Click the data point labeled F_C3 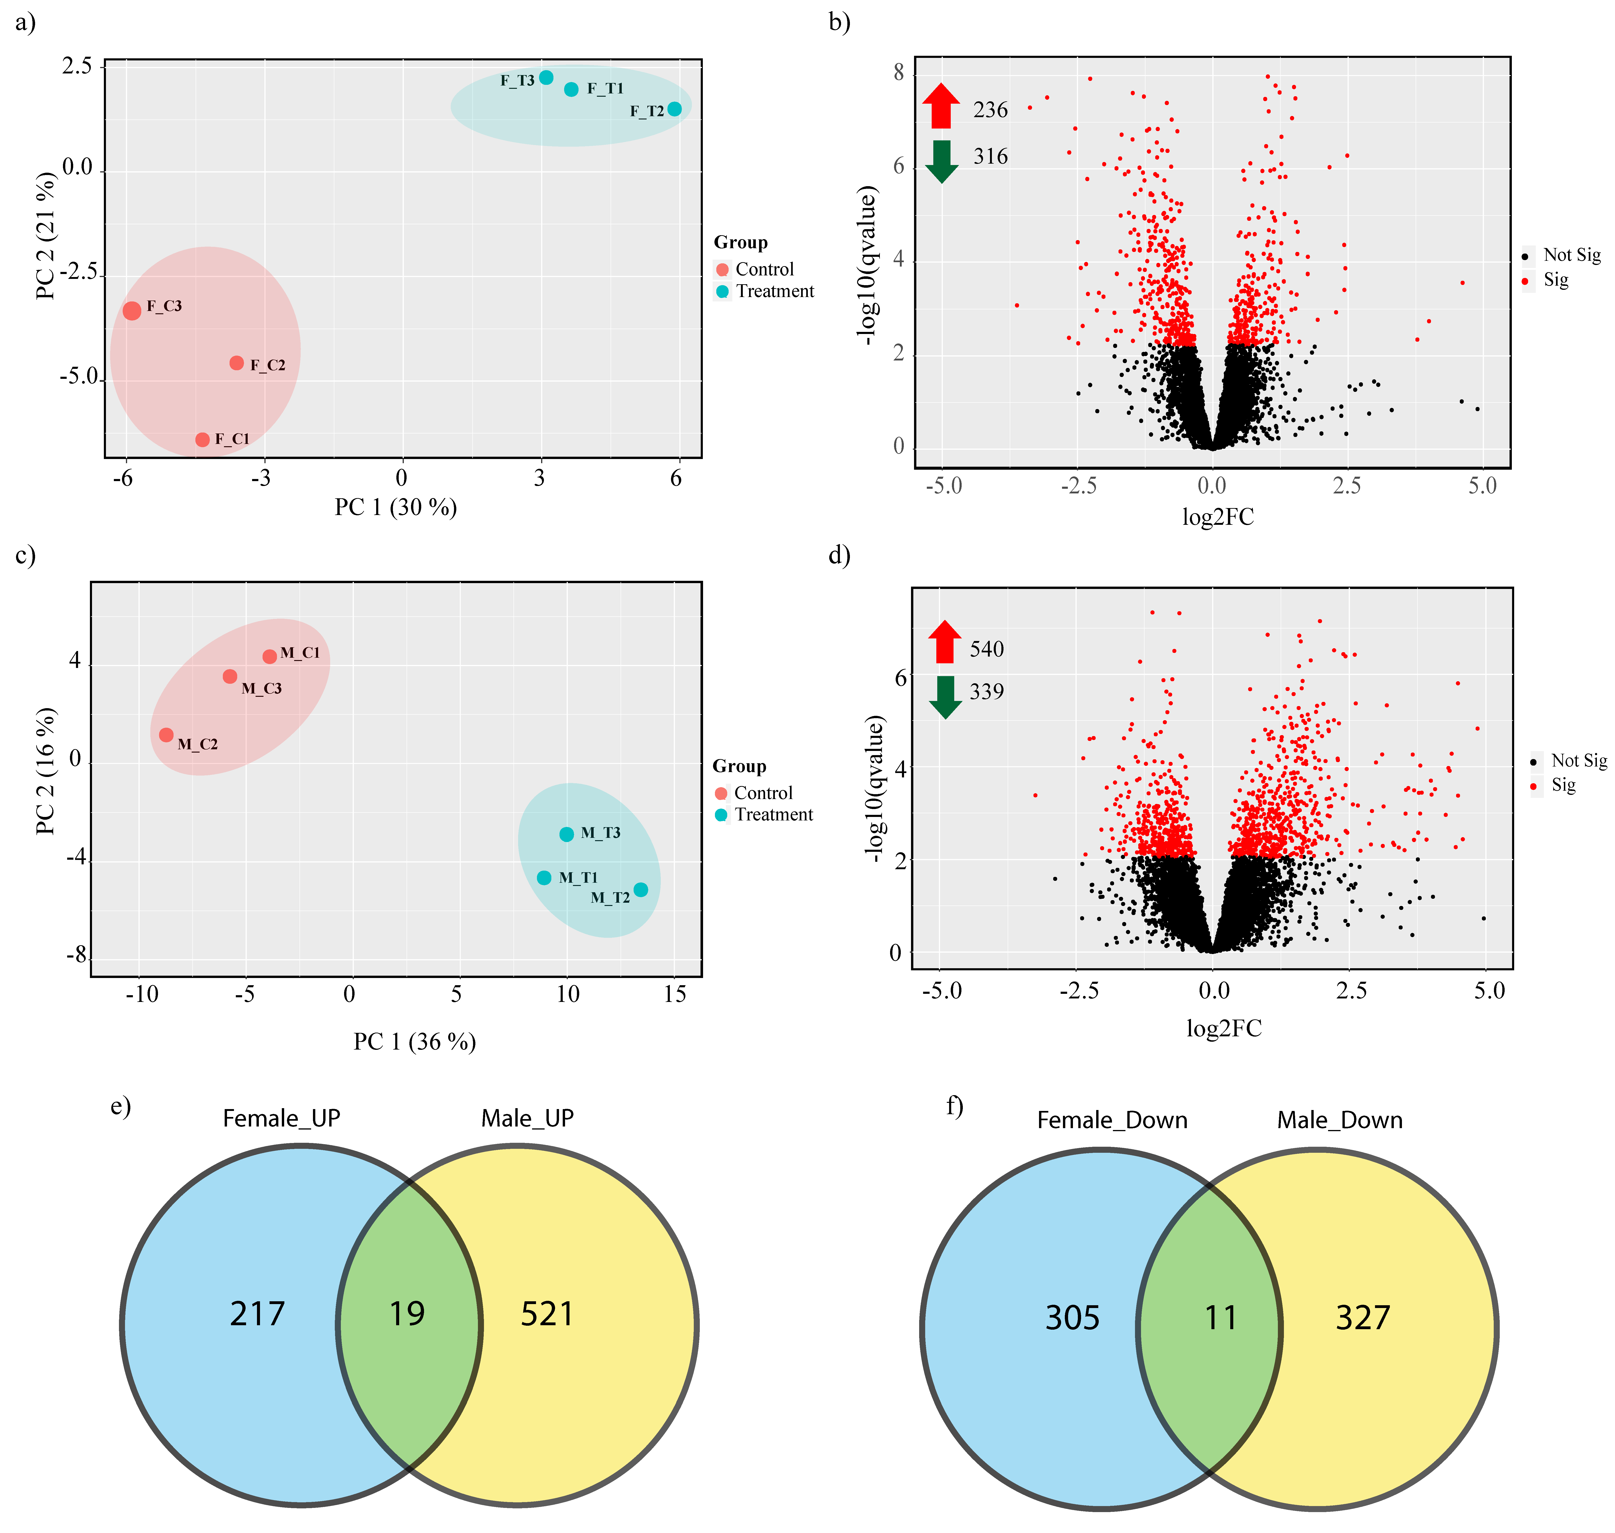coord(132,311)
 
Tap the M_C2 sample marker coord(166,735)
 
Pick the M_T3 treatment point coord(566,834)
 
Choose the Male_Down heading coord(1340,1120)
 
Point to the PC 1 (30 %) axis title coord(395,507)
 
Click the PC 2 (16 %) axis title coord(46,771)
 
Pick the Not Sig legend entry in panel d coord(1577,761)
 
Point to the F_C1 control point coord(203,440)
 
